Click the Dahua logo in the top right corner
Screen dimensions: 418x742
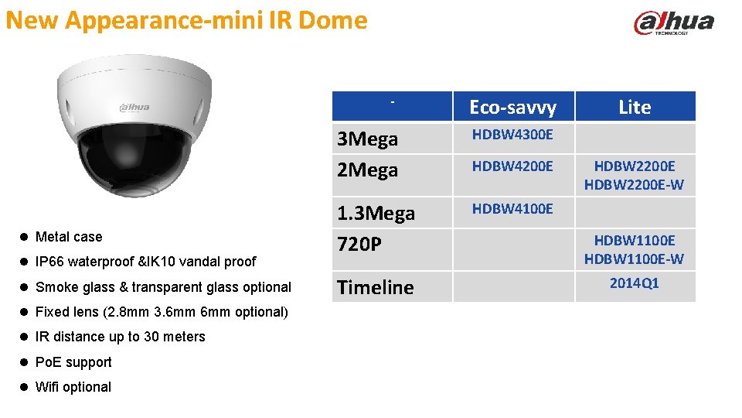coord(673,23)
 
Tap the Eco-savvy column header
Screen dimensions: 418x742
coord(512,108)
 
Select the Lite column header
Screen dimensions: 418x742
coord(634,108)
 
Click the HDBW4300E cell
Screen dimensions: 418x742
coord(512,135)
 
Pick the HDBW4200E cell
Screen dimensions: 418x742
coord(512,166)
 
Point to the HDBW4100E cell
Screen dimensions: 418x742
coord(512,208)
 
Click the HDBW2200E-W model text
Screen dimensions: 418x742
coord(634,185)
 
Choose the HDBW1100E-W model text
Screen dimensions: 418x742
coord(634,259)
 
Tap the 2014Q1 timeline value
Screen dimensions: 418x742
coord(634,283)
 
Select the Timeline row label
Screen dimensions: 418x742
coord(376,287)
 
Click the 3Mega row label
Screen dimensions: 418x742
coord(368,139)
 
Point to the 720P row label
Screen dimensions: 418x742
coord(359,245)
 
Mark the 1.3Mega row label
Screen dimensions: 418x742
coord(376,213)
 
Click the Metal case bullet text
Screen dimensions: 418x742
coord(69,237)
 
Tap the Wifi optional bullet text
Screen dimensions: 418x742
coord(73,387)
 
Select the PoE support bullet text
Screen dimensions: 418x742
coord(73,362)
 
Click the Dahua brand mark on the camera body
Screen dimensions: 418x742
coord(134,108)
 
